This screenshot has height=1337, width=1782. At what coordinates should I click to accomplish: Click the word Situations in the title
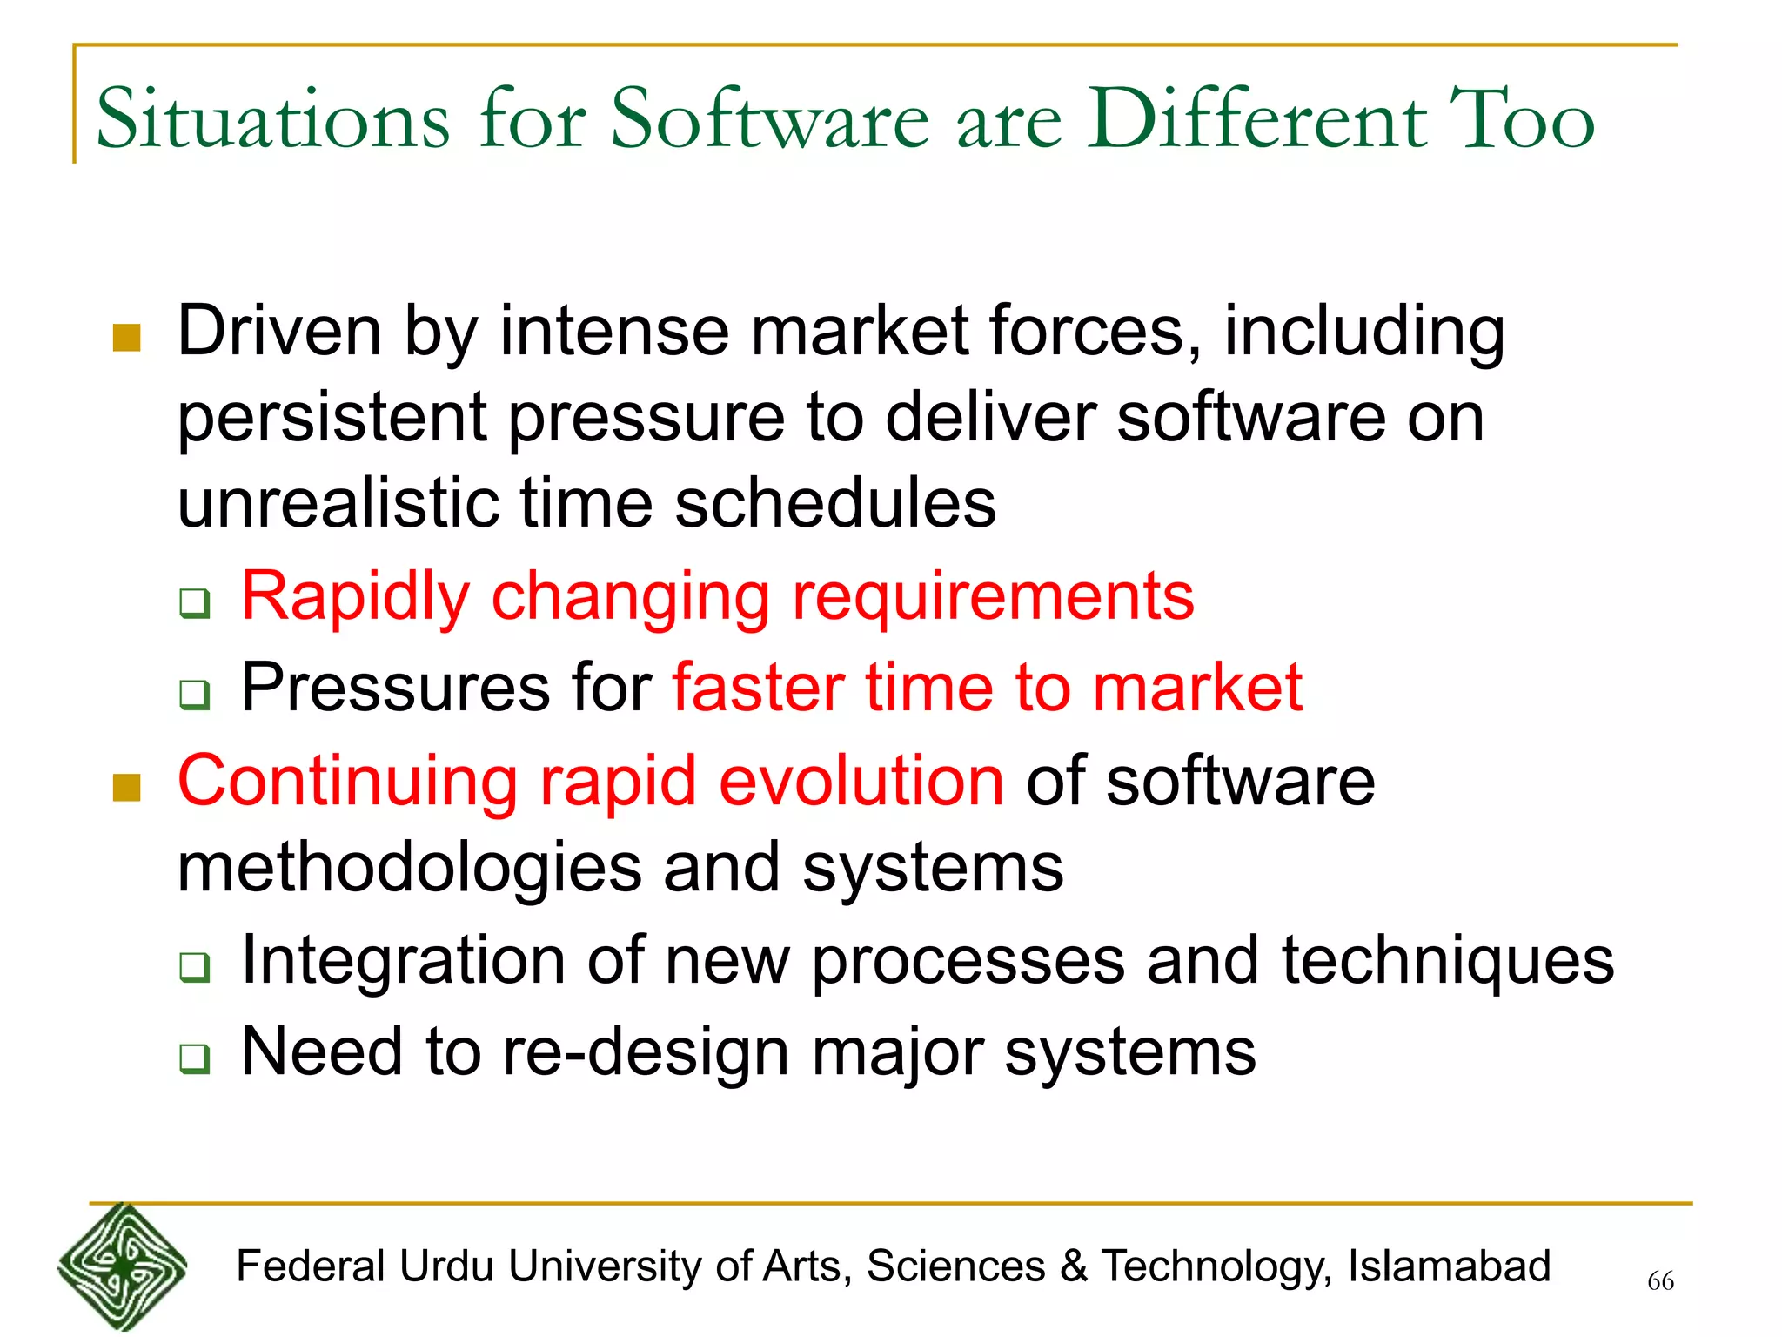pos(272,119)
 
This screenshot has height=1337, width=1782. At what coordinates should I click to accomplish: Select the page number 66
pos(1660,1280)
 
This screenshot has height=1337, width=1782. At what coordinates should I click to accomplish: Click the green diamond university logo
pos(122,1267)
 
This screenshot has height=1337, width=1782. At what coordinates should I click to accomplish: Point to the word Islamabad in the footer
pos(1449,1266)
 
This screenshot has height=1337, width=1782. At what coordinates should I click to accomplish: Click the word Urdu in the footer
pos(446,1266)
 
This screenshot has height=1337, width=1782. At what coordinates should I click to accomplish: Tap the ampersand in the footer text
pos(1074,1266)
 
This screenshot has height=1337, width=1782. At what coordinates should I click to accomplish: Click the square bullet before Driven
pos(127,338)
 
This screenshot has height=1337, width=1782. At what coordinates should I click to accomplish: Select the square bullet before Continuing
pos(127,787)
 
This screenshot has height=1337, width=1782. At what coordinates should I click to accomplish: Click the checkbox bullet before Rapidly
pos(195,602)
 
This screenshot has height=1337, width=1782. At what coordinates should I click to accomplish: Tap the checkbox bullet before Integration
pos(195,966)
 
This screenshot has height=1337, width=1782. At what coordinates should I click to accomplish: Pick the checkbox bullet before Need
pos(195,1058)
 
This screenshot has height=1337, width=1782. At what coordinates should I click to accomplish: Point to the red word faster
pos(758,688)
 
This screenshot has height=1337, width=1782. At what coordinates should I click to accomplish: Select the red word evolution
pos(861,780)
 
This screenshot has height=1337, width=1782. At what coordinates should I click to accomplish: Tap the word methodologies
pos(409,867)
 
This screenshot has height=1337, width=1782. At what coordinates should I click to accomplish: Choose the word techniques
pos(1447,961)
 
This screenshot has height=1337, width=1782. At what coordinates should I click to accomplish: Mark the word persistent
pos(332,419)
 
